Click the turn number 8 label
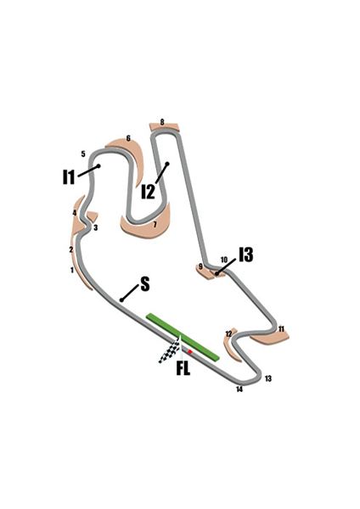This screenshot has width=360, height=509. (162, 122)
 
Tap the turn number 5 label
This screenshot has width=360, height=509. (83, 154)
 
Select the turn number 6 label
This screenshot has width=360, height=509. (128, 138)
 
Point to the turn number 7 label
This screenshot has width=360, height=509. (155, 224)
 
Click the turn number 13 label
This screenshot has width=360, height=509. (268, 378)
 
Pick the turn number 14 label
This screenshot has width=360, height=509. (239, 389)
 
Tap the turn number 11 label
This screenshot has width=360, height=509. (281, 329)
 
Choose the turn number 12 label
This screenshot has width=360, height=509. (228, 333)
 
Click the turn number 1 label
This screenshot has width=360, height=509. (72, 270)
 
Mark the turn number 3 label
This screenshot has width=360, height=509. (96, 228)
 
